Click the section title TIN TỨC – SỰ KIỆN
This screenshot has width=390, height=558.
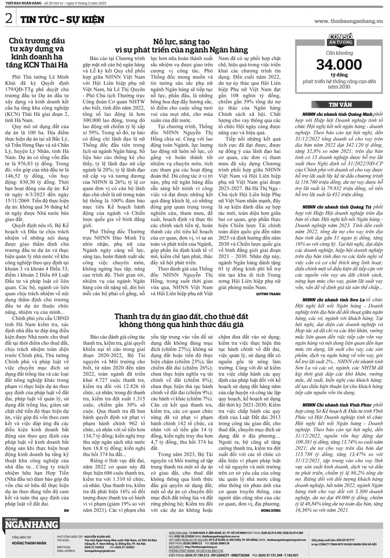tap(62, 20)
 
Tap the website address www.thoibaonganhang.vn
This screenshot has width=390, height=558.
tap(348, 21)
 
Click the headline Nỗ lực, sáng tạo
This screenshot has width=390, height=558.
tap(181, 42)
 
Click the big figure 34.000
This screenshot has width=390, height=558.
tap(333, 65)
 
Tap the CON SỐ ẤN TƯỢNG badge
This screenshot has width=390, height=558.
tap(340, 39)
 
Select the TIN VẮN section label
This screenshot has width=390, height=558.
tap(340, 105)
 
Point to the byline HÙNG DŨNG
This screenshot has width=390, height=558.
tap(271, 510)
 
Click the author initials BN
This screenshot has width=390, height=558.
tap(66, 510)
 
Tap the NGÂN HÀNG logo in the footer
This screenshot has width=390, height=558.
tap(31, 524)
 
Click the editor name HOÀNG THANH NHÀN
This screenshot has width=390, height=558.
tap(29, 543)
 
